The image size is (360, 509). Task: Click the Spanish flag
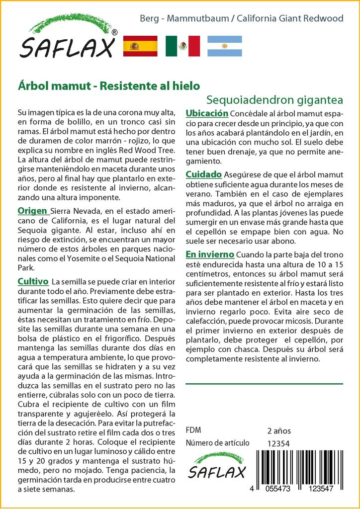click(x=140, y=46)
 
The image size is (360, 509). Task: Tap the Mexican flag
click(x=182, y=46)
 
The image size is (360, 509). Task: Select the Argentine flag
click(x=224, y=46)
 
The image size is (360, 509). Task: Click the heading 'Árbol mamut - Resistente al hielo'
click(x=108, y=85)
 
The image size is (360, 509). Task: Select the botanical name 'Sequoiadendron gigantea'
click(x=274, y=99)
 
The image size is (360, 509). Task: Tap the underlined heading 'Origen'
click(x=33, y=210)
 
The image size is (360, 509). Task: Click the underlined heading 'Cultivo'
click(x=33, y=281)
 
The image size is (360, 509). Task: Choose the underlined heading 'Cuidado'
click(x=203, y=174)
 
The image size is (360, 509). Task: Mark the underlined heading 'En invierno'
click(x=209, y=254)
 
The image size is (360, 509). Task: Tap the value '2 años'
click(x=279, y=430)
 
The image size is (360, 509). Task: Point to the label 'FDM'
click(x=193, y=430)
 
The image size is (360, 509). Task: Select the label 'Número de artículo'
click(x=217, y=443)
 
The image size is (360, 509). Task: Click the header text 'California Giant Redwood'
click(x=290, y=19)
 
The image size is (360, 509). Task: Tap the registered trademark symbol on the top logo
click(x=115, y=32)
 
